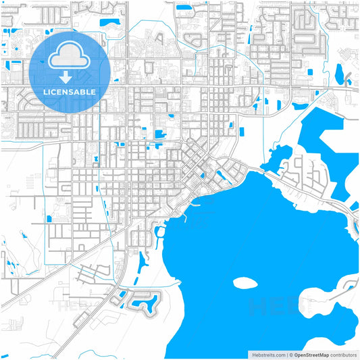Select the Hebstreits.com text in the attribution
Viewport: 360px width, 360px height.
pos(269,354)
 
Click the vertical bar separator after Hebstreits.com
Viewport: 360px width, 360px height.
pos(286,354)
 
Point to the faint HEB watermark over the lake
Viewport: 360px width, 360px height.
pos(270,307)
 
